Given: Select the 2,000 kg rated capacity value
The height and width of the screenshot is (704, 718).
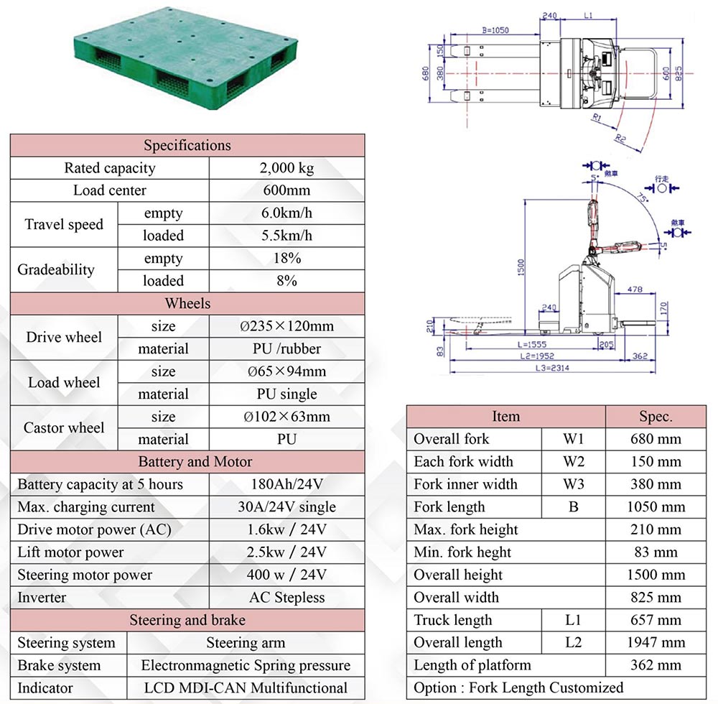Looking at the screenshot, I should (286, 168).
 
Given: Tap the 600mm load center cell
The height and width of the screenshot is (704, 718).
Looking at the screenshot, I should (286, 190).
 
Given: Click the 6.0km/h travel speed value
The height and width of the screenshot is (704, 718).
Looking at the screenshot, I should (286, 213).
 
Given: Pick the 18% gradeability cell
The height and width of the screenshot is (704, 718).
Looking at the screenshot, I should (286, 259).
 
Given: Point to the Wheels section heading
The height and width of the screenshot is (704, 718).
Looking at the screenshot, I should (187, 303).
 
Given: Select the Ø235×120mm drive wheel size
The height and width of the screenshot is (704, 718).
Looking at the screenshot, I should (286, 326).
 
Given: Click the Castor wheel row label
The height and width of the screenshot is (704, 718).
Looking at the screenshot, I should (64, 428).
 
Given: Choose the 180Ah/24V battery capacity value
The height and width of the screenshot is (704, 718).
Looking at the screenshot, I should (286, 484).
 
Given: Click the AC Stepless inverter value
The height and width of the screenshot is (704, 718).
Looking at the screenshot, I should (286, 598).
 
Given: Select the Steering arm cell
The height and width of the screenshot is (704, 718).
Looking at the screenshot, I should (246, 643).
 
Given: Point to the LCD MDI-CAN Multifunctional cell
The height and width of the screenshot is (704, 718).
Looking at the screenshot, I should (246, 688).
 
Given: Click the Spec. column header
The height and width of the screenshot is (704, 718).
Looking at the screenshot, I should (656, 417).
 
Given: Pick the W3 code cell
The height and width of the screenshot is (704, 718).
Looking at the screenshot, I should (573, 484).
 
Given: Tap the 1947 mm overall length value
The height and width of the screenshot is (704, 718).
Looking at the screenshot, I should (656, 643).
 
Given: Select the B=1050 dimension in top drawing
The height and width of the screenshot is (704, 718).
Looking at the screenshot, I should (495, 31).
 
